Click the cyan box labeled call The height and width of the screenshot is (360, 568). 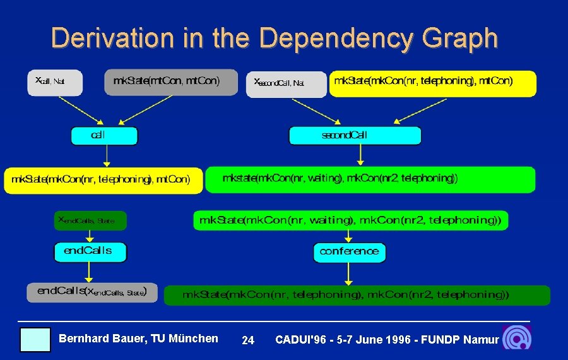[x=104, y=136]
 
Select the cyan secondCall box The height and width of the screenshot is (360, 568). [x=355, y=136]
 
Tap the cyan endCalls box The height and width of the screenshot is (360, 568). [x=90, y=251]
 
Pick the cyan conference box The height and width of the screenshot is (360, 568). [x=349, y=252]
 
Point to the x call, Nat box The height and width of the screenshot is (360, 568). [x=55, y=83]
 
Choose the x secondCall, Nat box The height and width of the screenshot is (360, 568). [x=286, y=84]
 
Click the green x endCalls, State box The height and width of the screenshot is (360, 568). [x=90, y=220]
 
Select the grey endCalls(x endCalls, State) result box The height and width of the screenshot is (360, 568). [x=92, y=292]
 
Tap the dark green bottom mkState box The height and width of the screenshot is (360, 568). [x=357, y=295]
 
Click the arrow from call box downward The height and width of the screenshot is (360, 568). [x=107, y=156]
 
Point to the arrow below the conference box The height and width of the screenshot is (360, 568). [x=348, y=274]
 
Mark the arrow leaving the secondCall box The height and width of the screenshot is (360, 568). [x=360, y=155]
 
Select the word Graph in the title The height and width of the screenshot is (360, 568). [x=462, y=38]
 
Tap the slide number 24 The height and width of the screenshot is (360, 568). [x=248, y=340]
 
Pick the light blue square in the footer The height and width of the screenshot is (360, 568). [x=35, y=339]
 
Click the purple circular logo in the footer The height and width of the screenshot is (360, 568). [x=516, y=338]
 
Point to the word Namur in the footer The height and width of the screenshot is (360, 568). [x=480, y=340]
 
